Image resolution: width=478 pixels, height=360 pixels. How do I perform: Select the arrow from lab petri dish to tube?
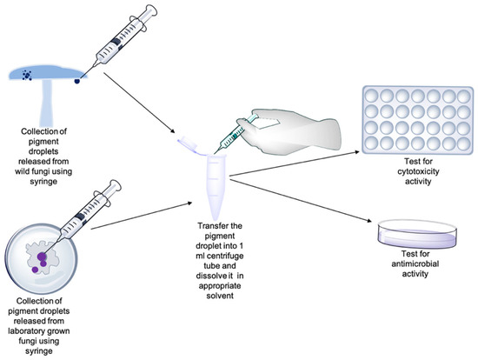(x=139, y=221)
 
